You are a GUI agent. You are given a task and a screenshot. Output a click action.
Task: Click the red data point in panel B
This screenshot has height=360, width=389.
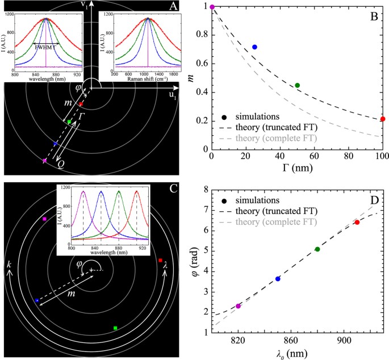[x=383, y=119]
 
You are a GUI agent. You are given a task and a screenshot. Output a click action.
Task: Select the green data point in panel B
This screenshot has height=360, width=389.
[x=297, y=85]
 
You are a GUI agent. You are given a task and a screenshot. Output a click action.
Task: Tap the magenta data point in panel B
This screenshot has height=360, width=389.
[x=212, y=7]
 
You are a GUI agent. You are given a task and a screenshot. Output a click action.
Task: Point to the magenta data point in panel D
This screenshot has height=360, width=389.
[x=238, y=306]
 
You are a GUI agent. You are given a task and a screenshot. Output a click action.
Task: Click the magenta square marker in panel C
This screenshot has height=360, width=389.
[x=44, y=219]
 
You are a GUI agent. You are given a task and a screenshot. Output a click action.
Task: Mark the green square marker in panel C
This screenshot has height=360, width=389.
[x=115, y=328]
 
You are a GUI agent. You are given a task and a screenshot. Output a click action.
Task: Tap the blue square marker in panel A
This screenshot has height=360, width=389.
[x=55, y=144]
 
